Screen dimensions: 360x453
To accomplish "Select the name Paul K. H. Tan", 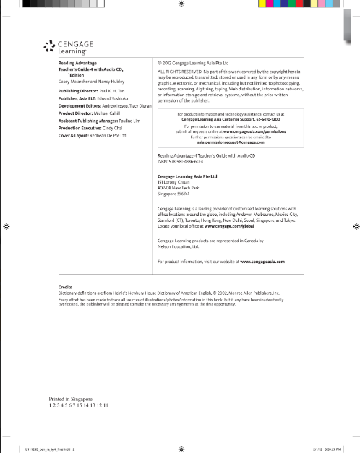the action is [x=113, y=92].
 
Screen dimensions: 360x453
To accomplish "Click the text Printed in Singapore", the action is [x=71, y=399].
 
